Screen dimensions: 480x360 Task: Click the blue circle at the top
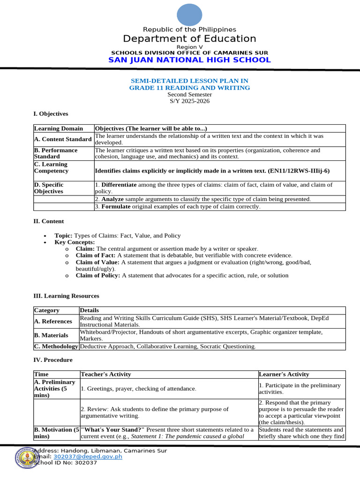click(189, 15)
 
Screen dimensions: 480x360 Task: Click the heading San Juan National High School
click(189, 60)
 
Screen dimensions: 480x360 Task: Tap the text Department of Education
click(189, 39)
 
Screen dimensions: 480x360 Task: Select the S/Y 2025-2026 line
click(189, 101)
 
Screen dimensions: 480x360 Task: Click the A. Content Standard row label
click(63, 139)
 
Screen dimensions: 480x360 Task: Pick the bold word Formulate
click(116, 207)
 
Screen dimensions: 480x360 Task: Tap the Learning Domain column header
click(59, 128)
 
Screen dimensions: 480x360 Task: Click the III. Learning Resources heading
click(66, 296)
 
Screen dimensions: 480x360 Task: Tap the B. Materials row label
click(51, 336)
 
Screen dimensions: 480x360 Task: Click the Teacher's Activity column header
click(106, 375)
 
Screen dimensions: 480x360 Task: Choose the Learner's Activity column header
click(284, 375)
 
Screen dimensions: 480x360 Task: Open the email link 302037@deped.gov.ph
click(88, 457)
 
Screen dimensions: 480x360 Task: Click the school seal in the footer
click(27, 457)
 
